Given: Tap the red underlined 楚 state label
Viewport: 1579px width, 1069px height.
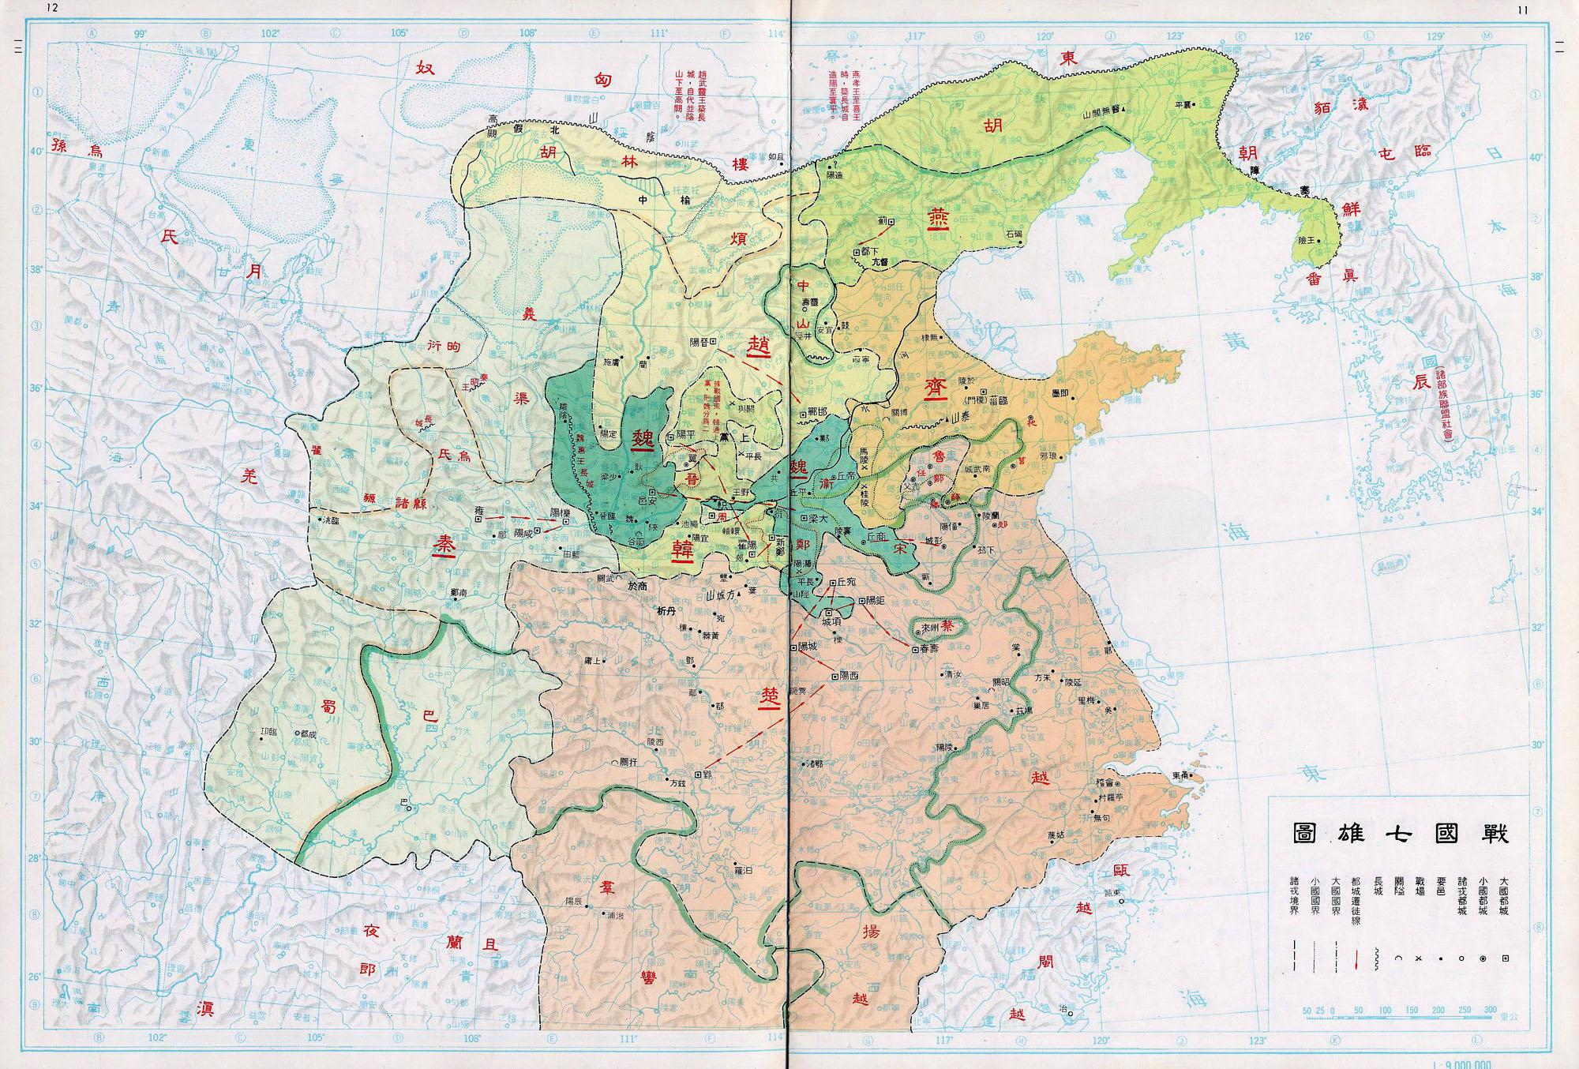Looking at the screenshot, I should [x=768, y=696].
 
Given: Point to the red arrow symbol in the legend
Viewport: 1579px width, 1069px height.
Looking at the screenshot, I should [x=1356, y=960].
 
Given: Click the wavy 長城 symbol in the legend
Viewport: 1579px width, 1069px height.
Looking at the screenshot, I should [x=1376, y=959].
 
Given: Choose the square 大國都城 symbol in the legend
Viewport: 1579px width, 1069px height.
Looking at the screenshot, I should [x=1506, y=958].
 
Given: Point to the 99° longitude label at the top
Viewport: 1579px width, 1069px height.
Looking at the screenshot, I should [x=141, y=34].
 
